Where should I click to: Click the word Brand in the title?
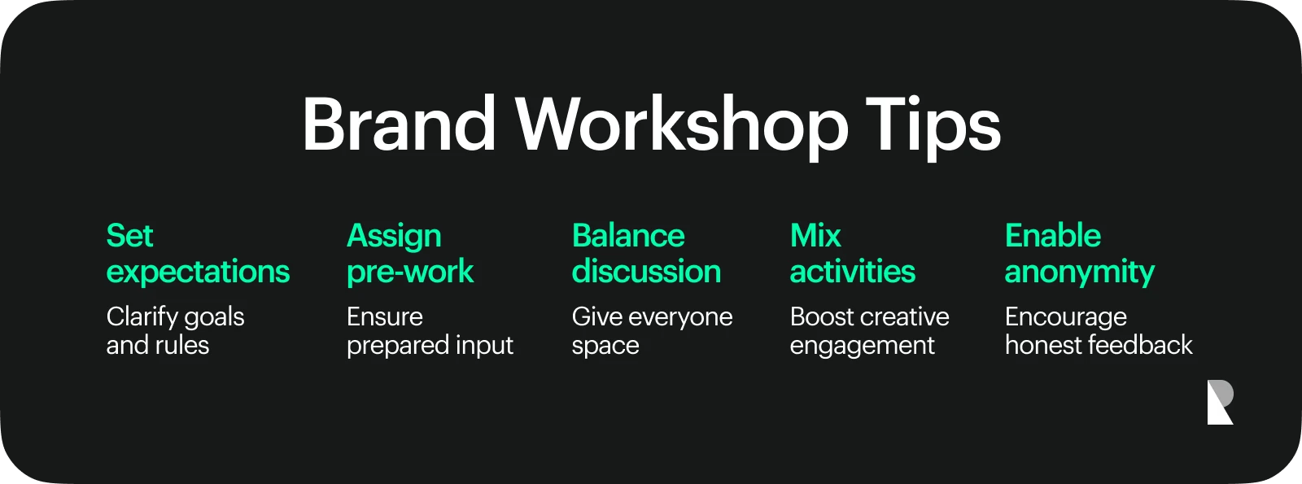tap(398, 124)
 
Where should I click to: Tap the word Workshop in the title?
tap(682, 128)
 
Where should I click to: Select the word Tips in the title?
tap(933, 128)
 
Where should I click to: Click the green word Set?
tap(129, 236)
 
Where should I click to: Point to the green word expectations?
tap(198, 273)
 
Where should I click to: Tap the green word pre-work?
tap(410, 273)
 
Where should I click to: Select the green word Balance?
tap(628, 236)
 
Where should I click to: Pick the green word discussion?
tap(646, 271)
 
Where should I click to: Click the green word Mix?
tap(815, 236)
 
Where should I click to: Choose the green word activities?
tap(853, 271)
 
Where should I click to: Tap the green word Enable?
tap(1053, 236)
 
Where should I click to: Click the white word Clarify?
tap(142, 318)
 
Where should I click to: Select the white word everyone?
tap(680, 318)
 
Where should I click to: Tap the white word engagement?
tap(862, 347)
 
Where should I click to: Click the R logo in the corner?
tap(1220, 402)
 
